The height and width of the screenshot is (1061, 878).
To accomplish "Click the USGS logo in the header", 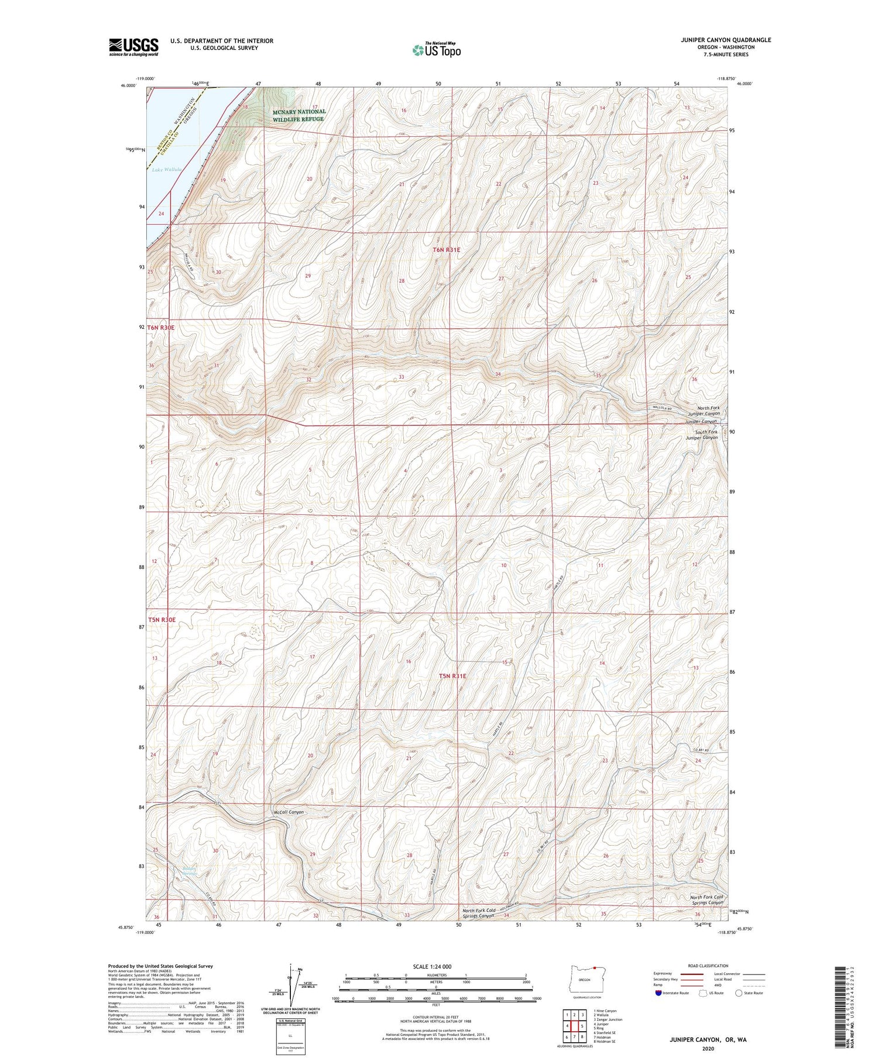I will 133,47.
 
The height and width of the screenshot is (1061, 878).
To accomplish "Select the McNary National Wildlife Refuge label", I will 298,115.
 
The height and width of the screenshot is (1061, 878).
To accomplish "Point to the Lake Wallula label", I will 167,170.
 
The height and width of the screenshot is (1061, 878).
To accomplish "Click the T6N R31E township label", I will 447,250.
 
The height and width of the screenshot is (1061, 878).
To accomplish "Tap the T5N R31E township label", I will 452,676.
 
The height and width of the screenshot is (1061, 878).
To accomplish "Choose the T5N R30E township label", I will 162,620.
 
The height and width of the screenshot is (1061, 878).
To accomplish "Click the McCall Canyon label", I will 288,812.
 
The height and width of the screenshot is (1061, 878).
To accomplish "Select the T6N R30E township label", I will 160,328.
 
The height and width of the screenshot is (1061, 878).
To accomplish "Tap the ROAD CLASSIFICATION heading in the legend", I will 708,966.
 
